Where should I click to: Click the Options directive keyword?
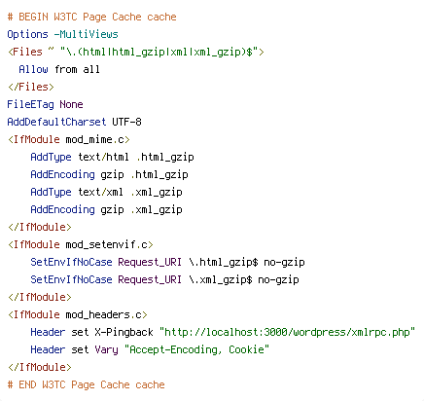click(x=27, y=34)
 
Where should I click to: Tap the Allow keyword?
click(x=33, y=69)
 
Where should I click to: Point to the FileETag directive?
click(x=30, y=104)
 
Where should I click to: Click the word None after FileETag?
click(x=71, y=104)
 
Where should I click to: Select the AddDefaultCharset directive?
click(x=56, y=122)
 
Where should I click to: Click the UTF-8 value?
click(x=126, y=122)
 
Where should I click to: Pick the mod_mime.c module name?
click(x=95, y=139)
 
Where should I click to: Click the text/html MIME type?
click(x=103, y=157)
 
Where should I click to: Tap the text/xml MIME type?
click(x=100, y=192)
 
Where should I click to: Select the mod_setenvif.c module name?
click(x=107, y=244)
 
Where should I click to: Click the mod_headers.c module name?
click(x=104, y=314)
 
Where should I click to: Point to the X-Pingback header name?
click(x=124, y=332)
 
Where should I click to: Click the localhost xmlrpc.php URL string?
click(x=287, y=332)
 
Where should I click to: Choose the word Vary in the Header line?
click(x=106, y=349)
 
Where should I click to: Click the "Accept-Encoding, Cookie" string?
click(x=197, y=349)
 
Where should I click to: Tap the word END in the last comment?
click(x=27, y=384)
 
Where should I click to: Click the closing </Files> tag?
click(x=31, y=87)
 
